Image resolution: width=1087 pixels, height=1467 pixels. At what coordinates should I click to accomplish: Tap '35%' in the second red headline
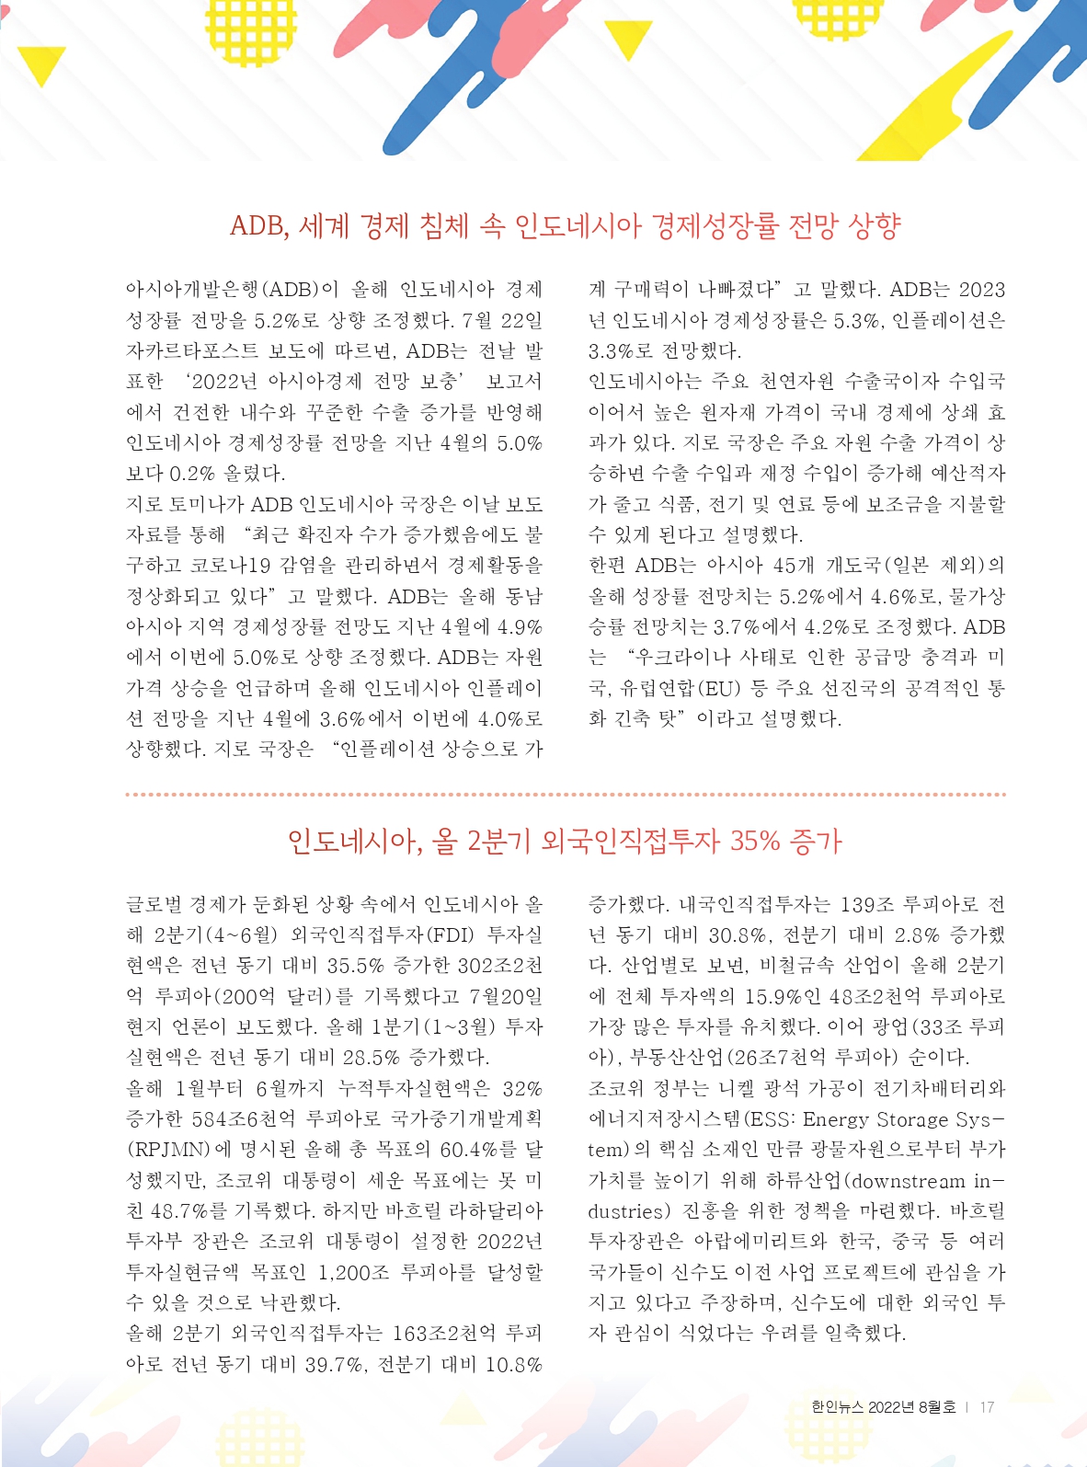(754, 841)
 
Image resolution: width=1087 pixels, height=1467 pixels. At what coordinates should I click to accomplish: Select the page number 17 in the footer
(987, 1407)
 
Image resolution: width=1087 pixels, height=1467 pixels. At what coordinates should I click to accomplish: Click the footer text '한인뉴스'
(837, 1407)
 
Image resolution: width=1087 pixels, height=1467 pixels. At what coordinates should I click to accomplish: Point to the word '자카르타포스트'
(192, 351)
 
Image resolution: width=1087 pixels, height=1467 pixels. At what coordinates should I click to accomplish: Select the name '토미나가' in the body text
(217, 504)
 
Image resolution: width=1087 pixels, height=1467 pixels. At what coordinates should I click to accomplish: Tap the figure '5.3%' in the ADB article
(856, 321)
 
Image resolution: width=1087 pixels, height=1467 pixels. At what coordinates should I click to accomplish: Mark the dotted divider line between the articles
(565, 794)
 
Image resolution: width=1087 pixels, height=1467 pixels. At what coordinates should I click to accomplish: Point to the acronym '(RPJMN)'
(166, 1150)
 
